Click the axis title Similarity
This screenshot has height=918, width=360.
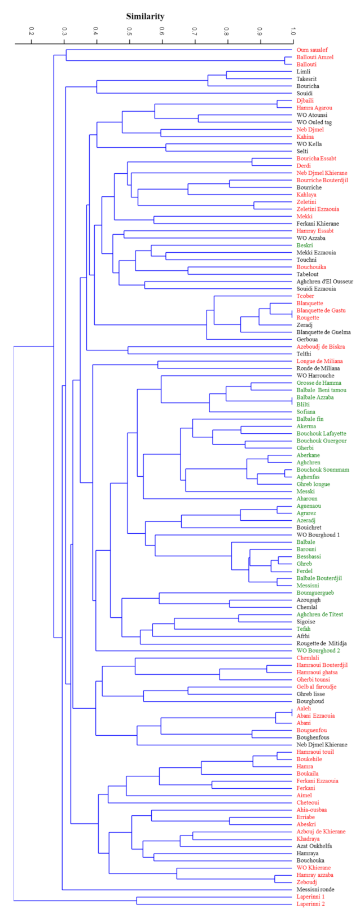(145, 16)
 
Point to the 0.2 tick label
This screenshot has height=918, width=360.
(31, 30)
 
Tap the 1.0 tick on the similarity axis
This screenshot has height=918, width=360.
(293, 30)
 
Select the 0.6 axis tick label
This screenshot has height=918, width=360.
(162, 30)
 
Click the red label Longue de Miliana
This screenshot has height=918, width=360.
(319, 361)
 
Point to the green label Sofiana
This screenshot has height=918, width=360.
(307, 412)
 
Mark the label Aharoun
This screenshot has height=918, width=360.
(308, 499)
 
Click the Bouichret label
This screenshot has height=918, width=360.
(309, 528)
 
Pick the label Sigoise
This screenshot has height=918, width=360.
(306, 621)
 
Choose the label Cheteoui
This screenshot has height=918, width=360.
(309, 802)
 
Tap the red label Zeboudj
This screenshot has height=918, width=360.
(308, 882)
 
